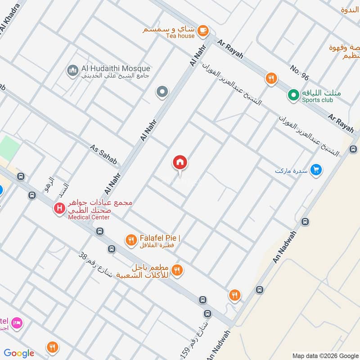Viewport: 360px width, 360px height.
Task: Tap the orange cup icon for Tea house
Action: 203,30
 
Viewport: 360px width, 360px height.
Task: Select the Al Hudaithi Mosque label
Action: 116,68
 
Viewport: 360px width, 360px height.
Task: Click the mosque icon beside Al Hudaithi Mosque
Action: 72,70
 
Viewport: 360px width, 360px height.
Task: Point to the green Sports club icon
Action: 293,95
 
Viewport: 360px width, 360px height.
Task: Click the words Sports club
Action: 318,100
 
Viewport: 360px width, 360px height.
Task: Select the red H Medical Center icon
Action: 59,209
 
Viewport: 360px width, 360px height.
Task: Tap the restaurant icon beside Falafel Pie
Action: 131,240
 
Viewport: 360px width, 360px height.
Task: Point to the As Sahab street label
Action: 103,154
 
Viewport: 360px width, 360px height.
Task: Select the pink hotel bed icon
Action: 17,323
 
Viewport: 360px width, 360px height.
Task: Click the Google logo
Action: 19,353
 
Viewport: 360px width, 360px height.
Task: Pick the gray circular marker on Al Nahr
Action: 162,92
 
